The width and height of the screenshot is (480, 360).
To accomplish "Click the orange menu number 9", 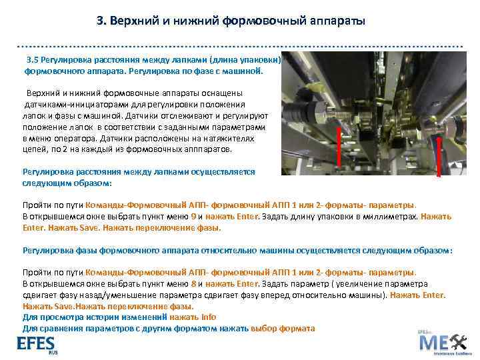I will point(193,216).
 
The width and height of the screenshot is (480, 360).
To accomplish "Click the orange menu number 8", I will point(193,283).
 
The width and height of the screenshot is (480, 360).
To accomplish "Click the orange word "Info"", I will point(209,317).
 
